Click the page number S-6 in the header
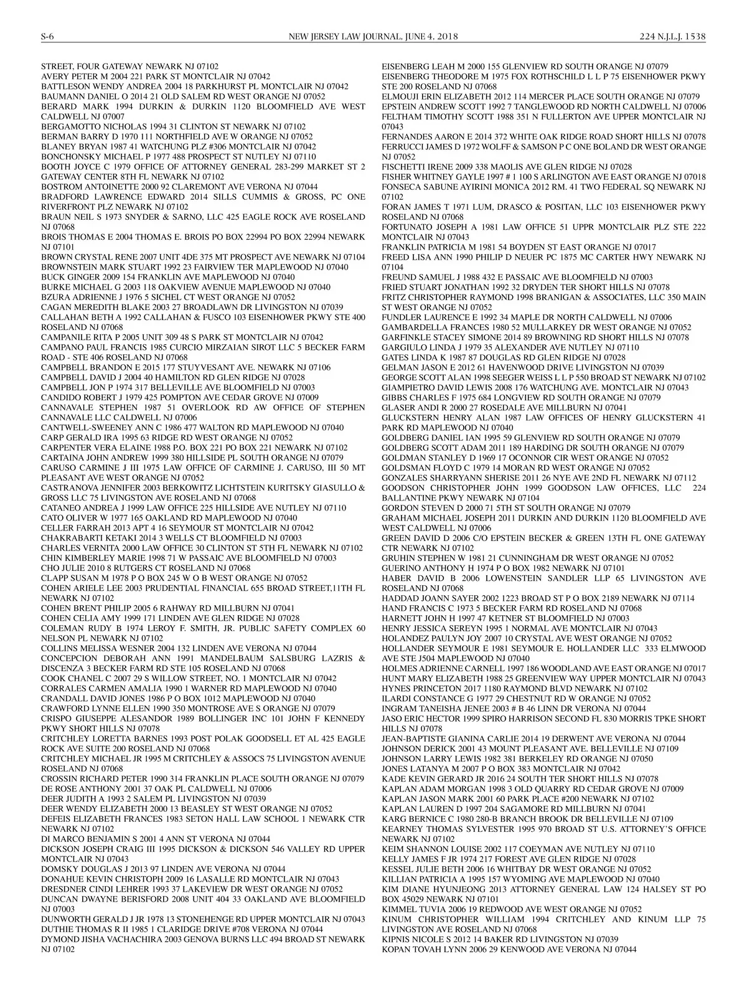coord(48,37)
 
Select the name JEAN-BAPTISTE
coord(411,738)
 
